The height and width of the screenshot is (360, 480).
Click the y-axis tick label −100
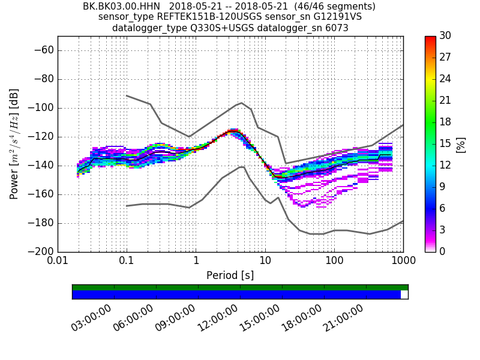click(x=40, y=108)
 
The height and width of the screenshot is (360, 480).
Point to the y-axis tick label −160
click(x=40, y=194)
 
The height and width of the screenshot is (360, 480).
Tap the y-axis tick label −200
click(x=40, y=252)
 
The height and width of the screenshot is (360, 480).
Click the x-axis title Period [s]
click(x=230, y=275)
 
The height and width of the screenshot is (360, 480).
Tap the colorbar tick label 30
click(x=446, y=36)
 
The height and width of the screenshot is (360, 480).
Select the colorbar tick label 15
click(x=446, y=144)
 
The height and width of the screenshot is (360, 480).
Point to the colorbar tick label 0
click(x=443, y=252)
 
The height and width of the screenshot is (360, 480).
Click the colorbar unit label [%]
click(x=461, y=144)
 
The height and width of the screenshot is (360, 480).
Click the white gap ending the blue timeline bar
click(x=404, y=295)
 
